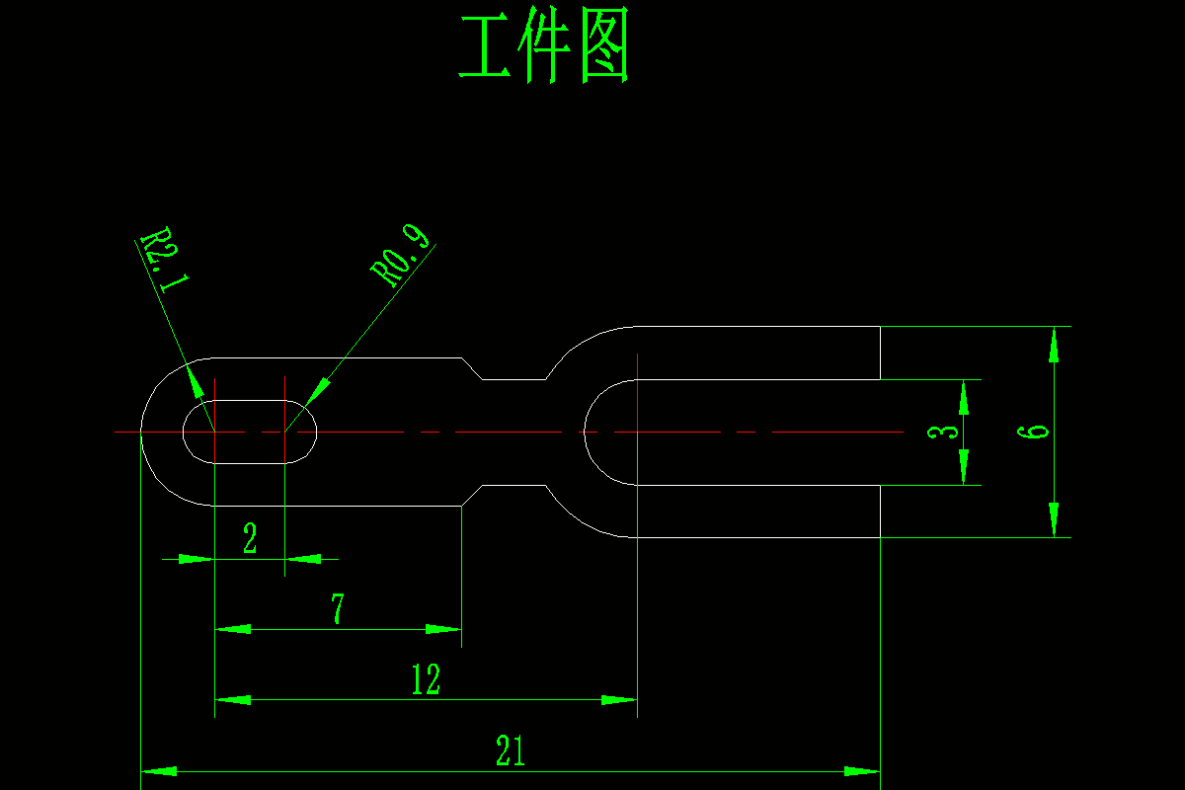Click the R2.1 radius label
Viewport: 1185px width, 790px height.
tap(164, 263)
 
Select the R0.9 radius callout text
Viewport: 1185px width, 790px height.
tap(401, 256)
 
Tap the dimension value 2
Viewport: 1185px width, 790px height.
tap(250, 539)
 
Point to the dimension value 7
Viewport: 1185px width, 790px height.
tap(337, 609)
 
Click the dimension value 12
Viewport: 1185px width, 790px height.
tap(426, 679)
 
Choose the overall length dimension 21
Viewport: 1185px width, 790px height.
tap(510, 751)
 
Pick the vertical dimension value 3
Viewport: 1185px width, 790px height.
tap(945, 432)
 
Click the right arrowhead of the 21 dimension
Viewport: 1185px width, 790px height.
tap(862, 771)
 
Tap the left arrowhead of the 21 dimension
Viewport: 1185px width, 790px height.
tap(159, 771)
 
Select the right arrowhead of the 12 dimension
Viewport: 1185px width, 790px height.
tap(620, 700)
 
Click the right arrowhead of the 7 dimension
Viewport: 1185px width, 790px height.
tap(443, 629)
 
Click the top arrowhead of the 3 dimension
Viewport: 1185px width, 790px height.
tap(964, 397)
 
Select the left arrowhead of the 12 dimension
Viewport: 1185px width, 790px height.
tap(232, 700)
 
